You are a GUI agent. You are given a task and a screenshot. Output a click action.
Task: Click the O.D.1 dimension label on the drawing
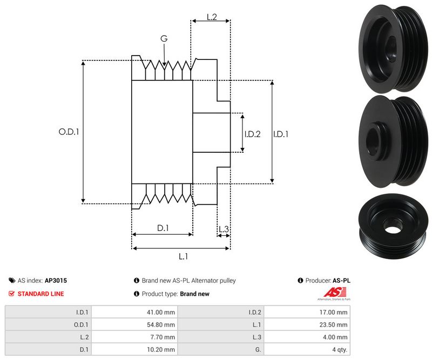pos(69,131)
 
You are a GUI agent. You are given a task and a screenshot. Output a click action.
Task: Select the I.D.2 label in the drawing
pos(252,134)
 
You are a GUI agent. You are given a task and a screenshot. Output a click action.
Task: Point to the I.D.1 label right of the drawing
pos(280,134)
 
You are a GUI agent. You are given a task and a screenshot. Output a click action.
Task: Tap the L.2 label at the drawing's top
pos(212,17)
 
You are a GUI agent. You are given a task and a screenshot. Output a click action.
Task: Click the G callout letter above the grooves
pos(164,38)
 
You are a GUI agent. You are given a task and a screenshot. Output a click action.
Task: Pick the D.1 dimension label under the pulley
pos(163,228)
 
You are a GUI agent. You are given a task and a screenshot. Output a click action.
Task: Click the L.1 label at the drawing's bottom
pos(183,256)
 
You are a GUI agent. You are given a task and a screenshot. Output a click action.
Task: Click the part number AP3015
pos(56,281)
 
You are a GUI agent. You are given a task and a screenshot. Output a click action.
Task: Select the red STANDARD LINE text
pos(40,294)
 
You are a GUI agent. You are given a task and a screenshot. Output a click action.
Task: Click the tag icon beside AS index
pos(12,281)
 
